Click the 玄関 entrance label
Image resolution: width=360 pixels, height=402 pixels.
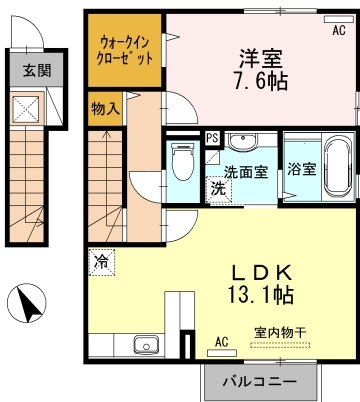[37, 71]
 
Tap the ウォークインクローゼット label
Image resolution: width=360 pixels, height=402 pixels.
[125, 50]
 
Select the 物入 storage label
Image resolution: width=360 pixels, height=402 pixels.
[105, 109]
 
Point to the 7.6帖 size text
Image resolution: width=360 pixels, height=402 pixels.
[261, 81]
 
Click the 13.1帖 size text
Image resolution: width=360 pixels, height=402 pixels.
[261, 295]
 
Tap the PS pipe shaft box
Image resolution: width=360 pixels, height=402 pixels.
[212, 137]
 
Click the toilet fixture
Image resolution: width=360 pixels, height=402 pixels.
[183, 162]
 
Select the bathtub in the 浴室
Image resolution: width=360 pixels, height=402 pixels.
[338, 167]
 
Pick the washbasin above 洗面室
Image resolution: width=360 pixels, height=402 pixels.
[242, 141]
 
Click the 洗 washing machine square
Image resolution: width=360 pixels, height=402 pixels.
[219, 190]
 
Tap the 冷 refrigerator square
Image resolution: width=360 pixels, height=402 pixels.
[102, 262]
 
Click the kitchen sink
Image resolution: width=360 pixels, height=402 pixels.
[146, 344]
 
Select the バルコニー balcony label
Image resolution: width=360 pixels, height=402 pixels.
[259, 382]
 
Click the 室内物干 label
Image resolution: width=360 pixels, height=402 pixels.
[280, 332]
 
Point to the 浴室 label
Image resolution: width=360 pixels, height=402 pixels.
[302, 169]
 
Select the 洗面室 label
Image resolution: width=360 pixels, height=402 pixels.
[246, 172]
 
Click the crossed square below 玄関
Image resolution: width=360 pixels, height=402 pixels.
[26, 108]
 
